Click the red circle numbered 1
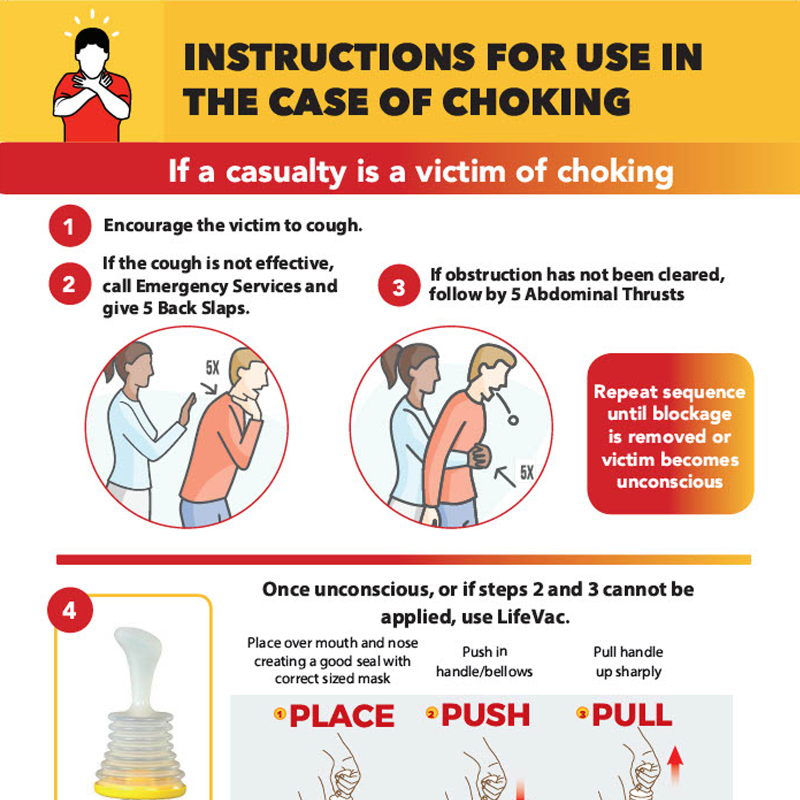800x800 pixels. pos(69,226)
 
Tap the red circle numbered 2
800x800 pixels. pos(69,284)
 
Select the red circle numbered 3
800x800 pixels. pos(399,285)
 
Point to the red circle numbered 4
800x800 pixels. pos(70,610)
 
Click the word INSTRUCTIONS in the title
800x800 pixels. pos(329,57)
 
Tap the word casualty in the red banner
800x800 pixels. pos(286,171)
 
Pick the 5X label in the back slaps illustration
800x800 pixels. pos(213,368)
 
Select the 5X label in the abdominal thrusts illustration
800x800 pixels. pos(527,472)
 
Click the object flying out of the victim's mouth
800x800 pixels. pos(513,420)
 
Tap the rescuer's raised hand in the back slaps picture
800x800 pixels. pos(187,409)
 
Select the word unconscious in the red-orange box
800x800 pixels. pos(670,481)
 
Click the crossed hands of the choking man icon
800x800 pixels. pos(92,80)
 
